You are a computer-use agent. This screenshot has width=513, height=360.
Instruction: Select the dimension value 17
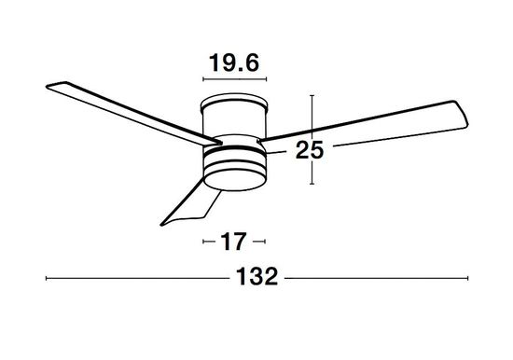pos(232,242)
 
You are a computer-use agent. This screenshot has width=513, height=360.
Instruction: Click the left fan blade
pos(121,108)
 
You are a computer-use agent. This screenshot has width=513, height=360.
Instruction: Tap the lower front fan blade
pos(192,202)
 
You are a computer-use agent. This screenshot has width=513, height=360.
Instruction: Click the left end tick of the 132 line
pos(46,278)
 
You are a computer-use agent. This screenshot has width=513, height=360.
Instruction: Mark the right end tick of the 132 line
pos(469,278)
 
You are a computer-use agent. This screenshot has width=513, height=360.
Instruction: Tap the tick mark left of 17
pos(204,242)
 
